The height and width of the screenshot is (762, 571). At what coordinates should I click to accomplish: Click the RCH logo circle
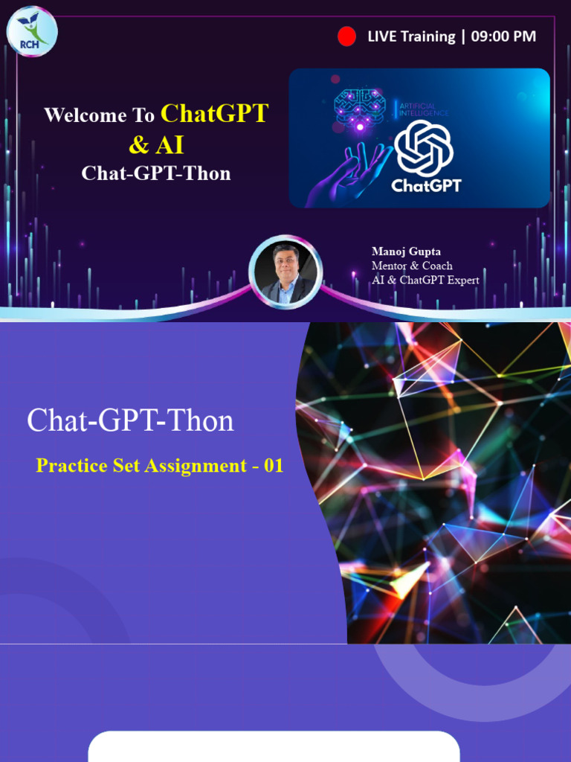point(32,31)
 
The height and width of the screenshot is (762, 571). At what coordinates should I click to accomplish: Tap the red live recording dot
point(346,36)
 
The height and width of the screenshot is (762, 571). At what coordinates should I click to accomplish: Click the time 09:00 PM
point(503,36)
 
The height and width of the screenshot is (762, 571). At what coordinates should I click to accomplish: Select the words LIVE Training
point(411,36)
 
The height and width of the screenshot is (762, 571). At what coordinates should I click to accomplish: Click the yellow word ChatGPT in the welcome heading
point(214,114)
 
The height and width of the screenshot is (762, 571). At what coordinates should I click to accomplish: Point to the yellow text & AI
point(156,144)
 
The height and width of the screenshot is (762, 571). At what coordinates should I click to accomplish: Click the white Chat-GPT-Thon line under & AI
point(156,173)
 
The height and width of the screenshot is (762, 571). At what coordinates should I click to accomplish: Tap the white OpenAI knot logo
point(425,148)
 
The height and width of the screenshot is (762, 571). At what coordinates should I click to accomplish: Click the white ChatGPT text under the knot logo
point(426,185)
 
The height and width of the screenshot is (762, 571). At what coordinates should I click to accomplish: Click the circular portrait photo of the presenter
point(285,272)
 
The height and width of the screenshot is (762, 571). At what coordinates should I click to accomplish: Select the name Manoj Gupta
point(406,252)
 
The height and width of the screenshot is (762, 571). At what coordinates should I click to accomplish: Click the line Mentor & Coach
point(412,266)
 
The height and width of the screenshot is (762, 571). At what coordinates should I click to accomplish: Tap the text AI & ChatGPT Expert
point(425,280)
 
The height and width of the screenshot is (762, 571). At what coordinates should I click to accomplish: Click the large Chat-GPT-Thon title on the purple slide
point(130,420)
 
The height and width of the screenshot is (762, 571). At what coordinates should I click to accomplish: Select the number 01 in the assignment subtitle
point(274,467)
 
